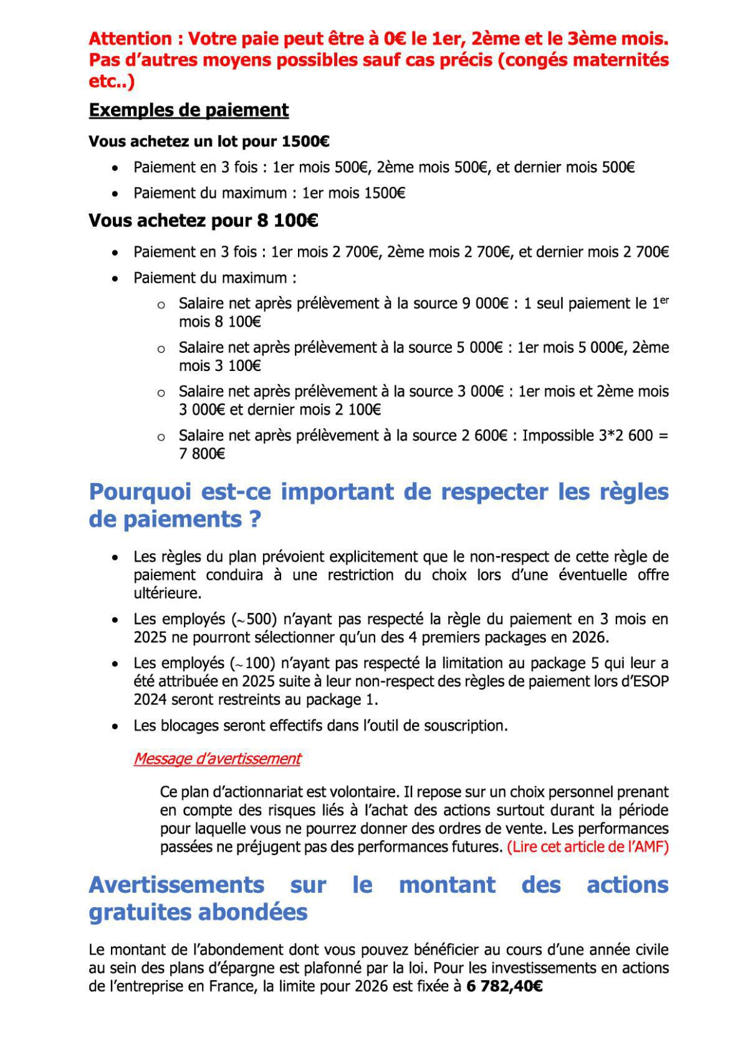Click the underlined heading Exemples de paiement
coord(188,110)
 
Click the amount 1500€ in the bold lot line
coord(305,142)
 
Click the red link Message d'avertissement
coord(217,759)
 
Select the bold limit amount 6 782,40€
coord(504,987)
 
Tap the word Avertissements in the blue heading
coord(176,885)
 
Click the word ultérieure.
coord(168,593)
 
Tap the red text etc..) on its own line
coord(112,82)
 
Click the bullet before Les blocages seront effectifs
coord(115,726)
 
